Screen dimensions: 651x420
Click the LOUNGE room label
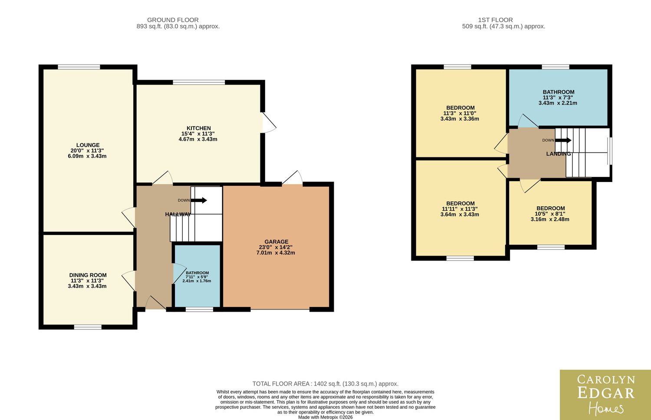point(88,145)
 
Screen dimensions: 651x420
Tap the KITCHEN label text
point(198,128)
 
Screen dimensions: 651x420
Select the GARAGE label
point(276,242)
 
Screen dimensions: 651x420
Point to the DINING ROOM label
point(88,275)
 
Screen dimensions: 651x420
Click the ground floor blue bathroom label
point(197,273)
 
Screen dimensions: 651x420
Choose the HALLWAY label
point(178,215)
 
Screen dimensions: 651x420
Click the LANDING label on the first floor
point(559,154)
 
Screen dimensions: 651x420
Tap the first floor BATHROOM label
point(559,92)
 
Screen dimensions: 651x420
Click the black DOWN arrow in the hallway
point(199,200)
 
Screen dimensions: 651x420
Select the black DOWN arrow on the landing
point(563,140)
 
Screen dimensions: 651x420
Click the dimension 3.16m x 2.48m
point(550,219)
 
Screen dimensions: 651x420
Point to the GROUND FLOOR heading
point(173,20)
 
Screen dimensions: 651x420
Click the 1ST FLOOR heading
point(496,20)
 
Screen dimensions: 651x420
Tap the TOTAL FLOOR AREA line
point(325,384)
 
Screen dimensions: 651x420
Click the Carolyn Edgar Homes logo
point(605,395)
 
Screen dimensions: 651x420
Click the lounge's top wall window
point(79,67)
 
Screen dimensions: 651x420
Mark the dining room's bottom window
point(88,327)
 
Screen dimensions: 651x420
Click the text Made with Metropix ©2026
point(325,417)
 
